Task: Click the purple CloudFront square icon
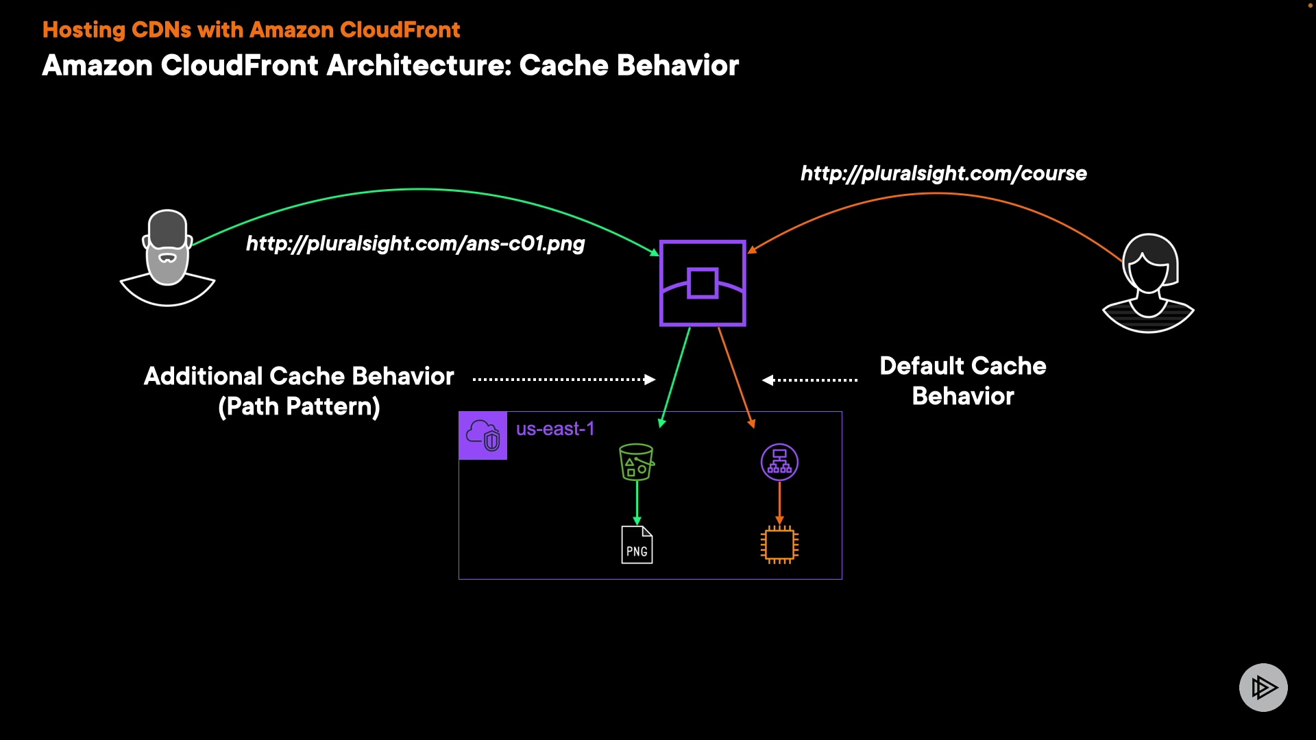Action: [x=703, y=283]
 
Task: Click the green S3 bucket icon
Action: [x=637, y=463]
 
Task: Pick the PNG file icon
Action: [x=637, y=545]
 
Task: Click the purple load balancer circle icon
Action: [x=779, y=463]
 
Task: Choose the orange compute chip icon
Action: [x=779, y=545]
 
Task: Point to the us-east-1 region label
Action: [x=555, y=429]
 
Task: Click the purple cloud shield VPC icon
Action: [x=483, y=435]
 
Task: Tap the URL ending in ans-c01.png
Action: [x=415, y=243]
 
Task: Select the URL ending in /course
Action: [x=944, y=173]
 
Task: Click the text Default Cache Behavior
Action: [x=962, y=380]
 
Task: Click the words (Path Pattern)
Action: [x=299, y=406]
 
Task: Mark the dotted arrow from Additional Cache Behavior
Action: [x=563, y=379]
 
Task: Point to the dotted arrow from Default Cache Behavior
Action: [x=810, y=380]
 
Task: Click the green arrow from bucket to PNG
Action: [x=637, y=502]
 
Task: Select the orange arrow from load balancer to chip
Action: [x=779, y=502]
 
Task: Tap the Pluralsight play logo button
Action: [x=1263, y=687]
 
